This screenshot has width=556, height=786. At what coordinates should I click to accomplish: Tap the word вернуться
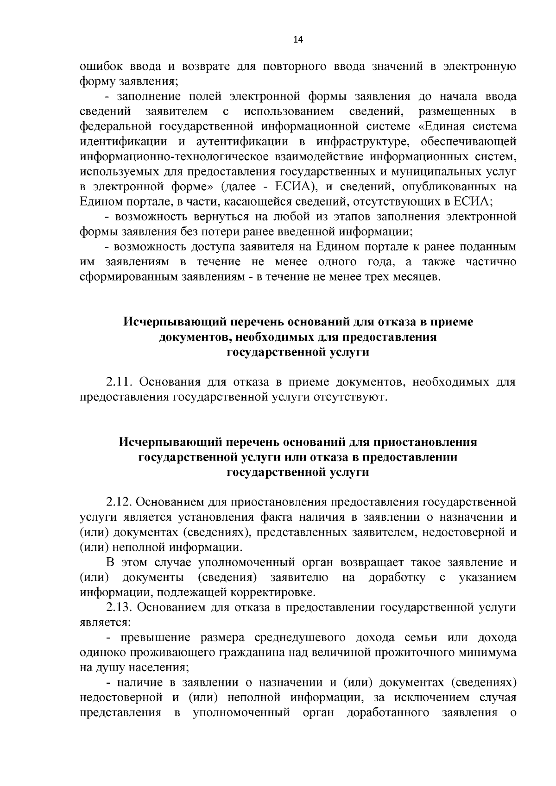(212, 216)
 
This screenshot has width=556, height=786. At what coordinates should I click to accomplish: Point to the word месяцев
(413, 277)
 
